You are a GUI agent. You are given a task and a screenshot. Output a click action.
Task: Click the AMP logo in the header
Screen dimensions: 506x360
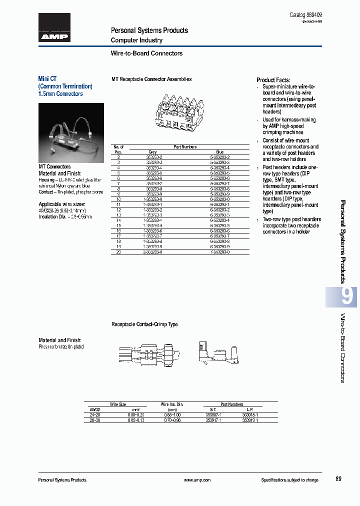pos(54,28)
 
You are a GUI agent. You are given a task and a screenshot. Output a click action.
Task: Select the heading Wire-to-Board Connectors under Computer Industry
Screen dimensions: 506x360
pos(146,53)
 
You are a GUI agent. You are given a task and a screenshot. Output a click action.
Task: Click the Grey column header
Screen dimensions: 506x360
pos(152,152)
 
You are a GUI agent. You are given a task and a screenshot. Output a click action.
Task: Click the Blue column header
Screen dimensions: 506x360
pos(220,152)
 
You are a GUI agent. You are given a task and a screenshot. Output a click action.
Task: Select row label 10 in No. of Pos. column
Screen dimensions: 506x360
pos(118,199)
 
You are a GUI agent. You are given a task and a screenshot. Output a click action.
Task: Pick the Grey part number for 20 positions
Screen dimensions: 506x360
pos(152,252)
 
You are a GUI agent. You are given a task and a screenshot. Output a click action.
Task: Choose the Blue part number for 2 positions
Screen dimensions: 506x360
pos(220,157)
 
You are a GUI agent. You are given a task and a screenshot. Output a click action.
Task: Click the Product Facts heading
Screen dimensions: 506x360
pos(273,80)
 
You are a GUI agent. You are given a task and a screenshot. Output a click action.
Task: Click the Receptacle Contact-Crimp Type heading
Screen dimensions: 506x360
pos(144,324)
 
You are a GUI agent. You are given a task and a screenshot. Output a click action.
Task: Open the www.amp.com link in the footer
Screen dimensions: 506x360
pos(197,480)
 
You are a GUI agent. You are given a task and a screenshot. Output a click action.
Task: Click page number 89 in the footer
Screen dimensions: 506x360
pos(338,479)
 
